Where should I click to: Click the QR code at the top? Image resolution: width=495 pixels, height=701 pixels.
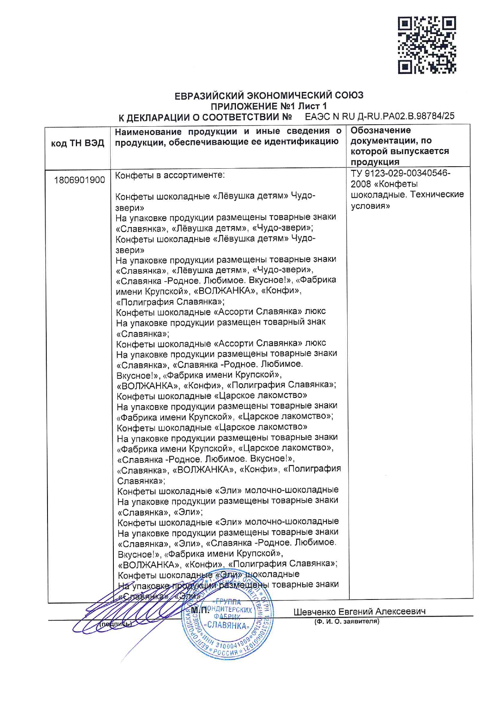click(427, 45)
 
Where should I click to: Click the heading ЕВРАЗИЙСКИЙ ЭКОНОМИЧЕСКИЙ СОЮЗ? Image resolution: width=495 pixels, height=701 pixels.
click(269, 96)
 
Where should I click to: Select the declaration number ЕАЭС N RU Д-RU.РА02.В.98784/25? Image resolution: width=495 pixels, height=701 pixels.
click(379, 116)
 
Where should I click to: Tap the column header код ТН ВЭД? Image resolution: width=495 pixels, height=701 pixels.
click(77, 143)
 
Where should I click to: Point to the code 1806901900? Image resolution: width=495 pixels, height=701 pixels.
click(79, 180)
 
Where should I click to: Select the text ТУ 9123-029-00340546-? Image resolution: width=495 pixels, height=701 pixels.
click(400, 173)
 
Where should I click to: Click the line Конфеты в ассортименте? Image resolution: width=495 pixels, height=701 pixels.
click(170, 175)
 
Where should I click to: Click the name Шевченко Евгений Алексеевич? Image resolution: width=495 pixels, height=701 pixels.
click(359, 611)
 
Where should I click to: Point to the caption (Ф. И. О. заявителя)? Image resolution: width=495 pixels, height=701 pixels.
click(346, 621)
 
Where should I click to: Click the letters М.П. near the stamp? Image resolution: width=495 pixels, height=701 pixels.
click(200, 610)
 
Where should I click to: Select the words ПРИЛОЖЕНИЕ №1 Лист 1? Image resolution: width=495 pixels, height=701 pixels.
click(269, 106)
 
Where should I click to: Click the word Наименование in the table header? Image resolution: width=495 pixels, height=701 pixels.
click(148, 131)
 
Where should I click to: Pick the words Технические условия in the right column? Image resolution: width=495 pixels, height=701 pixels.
click(407, 200)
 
